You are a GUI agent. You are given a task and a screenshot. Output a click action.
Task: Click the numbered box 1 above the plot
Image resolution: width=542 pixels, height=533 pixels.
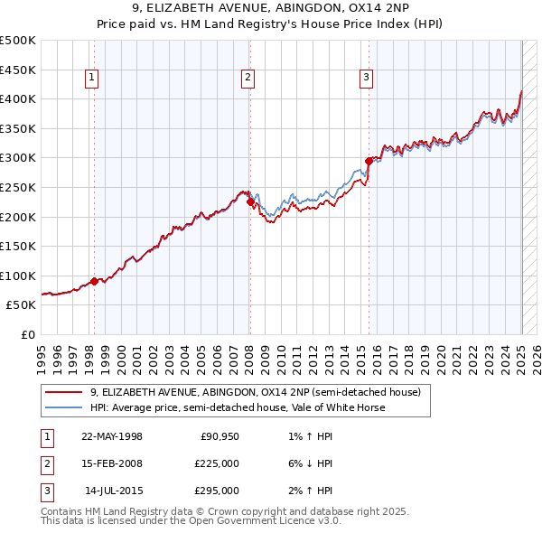[x=92, y=79]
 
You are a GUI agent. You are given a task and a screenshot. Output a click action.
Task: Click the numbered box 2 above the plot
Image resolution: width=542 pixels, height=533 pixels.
[x=248, y=79]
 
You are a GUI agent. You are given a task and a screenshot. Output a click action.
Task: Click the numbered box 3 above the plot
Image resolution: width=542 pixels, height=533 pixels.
[x=366, y=79]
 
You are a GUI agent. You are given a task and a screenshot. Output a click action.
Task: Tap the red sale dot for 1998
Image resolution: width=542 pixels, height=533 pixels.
[x=95, y=281]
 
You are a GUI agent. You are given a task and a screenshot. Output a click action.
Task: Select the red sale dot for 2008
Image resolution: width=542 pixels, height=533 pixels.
[x=250, y=202]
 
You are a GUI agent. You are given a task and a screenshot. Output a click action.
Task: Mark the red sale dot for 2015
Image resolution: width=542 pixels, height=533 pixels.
[x=369, y=161]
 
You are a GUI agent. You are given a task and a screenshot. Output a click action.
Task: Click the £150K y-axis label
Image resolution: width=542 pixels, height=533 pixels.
[x=18, y=246]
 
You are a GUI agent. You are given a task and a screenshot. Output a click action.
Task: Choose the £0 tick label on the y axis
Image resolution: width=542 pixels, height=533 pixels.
[x=29, y=334]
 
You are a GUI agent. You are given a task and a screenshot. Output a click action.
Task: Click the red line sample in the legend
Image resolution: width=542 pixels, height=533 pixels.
[x=63, y=393]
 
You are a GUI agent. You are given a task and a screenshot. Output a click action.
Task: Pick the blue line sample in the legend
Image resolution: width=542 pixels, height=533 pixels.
[x=63, y=407]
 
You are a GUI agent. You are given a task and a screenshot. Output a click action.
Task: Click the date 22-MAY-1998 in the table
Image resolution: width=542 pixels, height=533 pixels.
[x=112, y=437]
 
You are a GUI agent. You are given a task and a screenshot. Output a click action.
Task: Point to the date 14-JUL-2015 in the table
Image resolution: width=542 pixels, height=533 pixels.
[x=112, y=491]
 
